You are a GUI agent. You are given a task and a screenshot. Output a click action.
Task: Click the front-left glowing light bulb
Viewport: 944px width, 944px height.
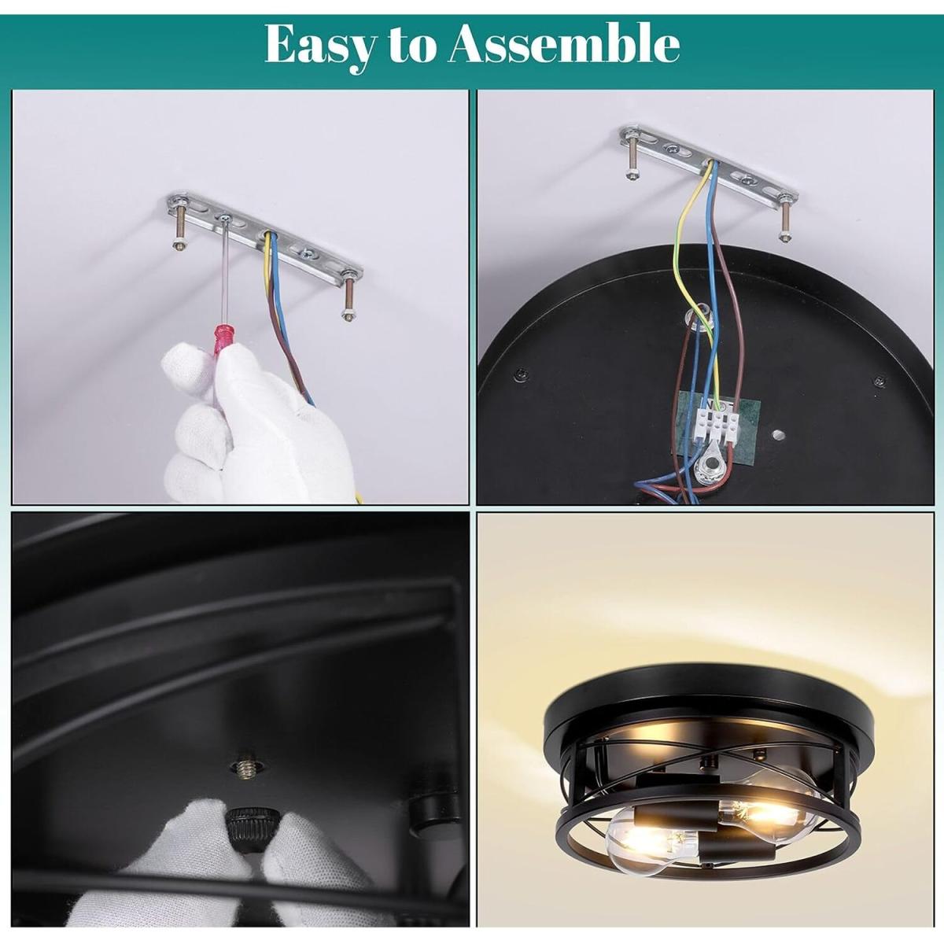(x=651, y=839)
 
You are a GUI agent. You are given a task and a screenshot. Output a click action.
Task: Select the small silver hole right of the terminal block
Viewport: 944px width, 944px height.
(x=776, y=434)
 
